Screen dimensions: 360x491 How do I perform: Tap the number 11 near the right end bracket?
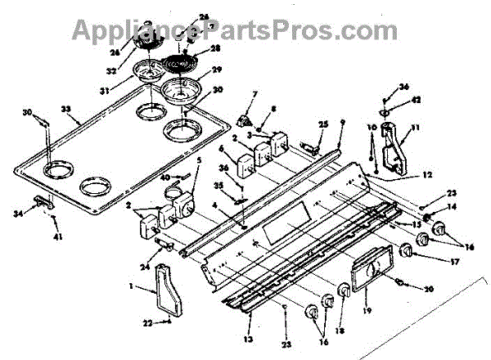coord(415,128)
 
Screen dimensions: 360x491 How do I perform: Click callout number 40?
coord(164,177)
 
